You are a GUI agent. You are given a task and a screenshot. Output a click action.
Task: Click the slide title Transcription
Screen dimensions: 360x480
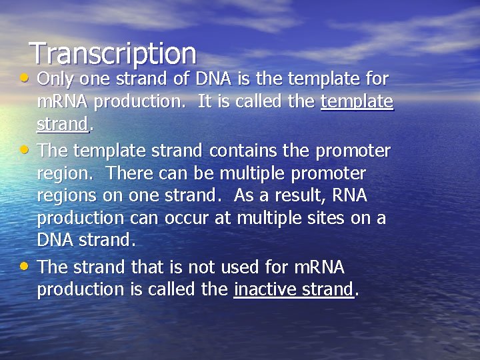pyautogui.click(x=113, y=53)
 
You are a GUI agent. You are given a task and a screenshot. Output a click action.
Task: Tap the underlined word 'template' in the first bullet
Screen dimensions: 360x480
pyautogui.click(x=357, y=103)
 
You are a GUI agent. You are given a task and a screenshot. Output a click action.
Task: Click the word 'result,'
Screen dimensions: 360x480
pyautogui.click(x=306, y=197)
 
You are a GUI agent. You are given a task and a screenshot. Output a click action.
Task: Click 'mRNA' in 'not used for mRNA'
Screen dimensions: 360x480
pyautogui.click(x=319, y=267)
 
